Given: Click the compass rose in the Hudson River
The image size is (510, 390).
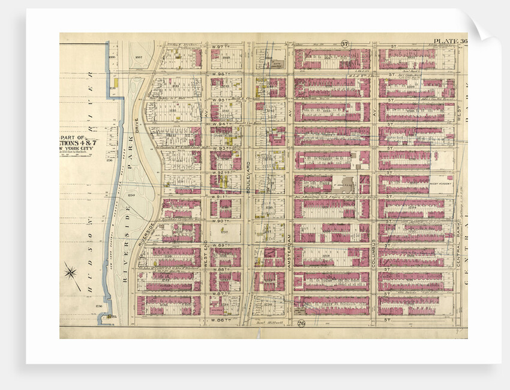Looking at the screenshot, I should (71, 273).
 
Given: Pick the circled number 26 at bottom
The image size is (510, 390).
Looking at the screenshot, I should (301, 324).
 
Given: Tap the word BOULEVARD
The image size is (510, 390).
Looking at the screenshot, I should (247, 177).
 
